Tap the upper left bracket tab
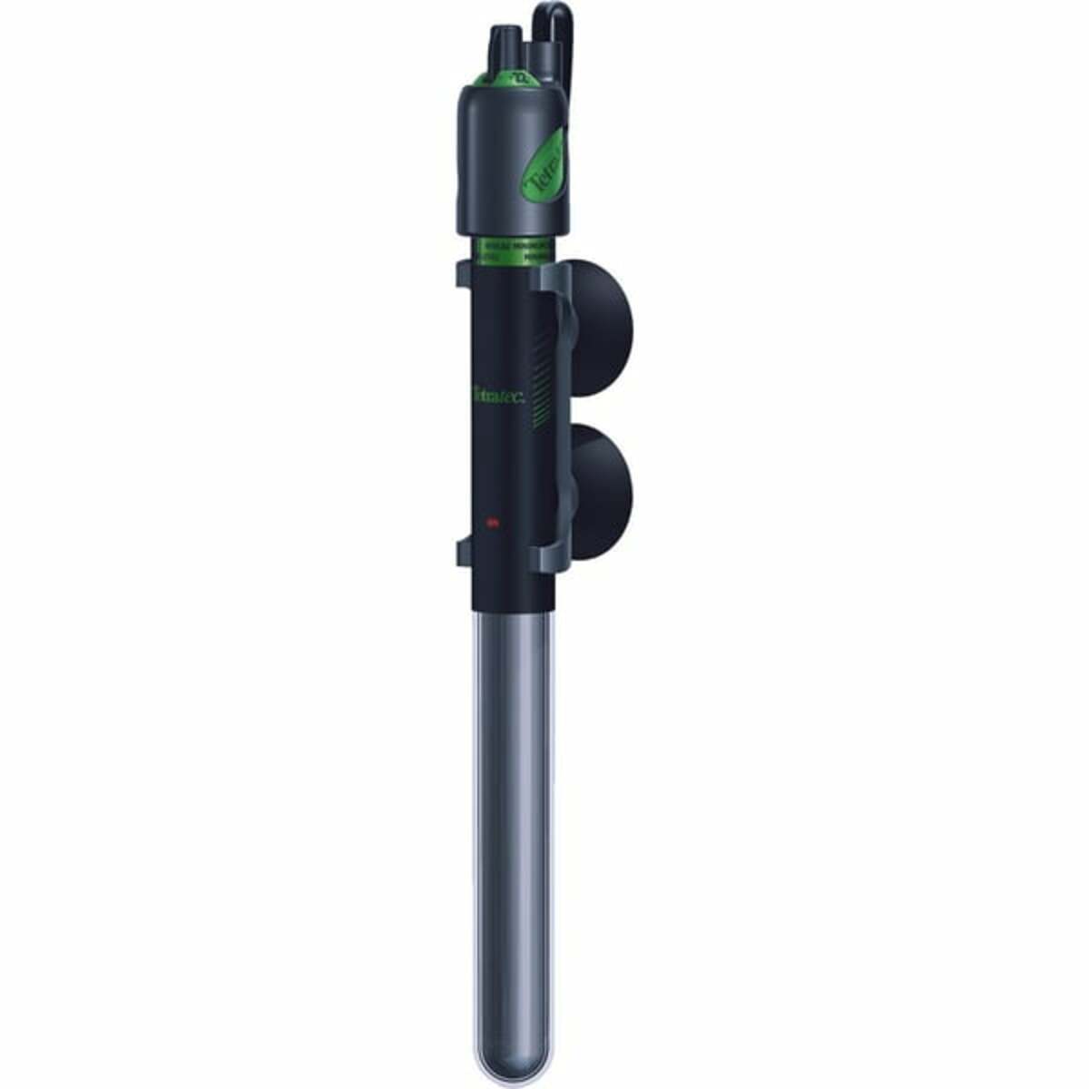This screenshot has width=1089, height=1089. [x=463, y=272]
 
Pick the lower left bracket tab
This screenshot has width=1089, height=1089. [x=463, y=548]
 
